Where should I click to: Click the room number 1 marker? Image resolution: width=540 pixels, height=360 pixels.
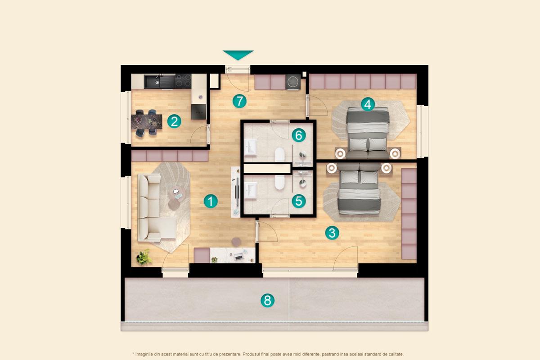(x=210, y=201)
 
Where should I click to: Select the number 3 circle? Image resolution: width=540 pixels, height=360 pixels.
(x=332, y=233)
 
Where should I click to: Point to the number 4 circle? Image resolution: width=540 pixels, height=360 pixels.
(x=368, y=104)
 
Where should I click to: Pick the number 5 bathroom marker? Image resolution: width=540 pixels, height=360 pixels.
(x=299, y=201)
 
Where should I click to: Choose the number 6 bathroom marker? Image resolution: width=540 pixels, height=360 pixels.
(x=299, y=135)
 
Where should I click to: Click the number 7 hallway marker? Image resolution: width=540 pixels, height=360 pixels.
(x=239, y=101)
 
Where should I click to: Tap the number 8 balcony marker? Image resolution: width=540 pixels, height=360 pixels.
(x=267, y=300)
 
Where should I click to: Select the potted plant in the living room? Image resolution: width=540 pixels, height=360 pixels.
(x=144, y=257)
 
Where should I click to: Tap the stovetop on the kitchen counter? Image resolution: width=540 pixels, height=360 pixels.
(x=183, y=81)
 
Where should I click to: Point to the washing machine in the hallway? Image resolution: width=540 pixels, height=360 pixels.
(x=293, y=82)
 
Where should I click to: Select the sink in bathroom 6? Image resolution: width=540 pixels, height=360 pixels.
(x=250, y=146)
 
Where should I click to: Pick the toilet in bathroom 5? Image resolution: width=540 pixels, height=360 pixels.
(x=279, y=182)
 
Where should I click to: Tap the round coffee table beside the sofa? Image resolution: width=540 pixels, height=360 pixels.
(x=174, y=203)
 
